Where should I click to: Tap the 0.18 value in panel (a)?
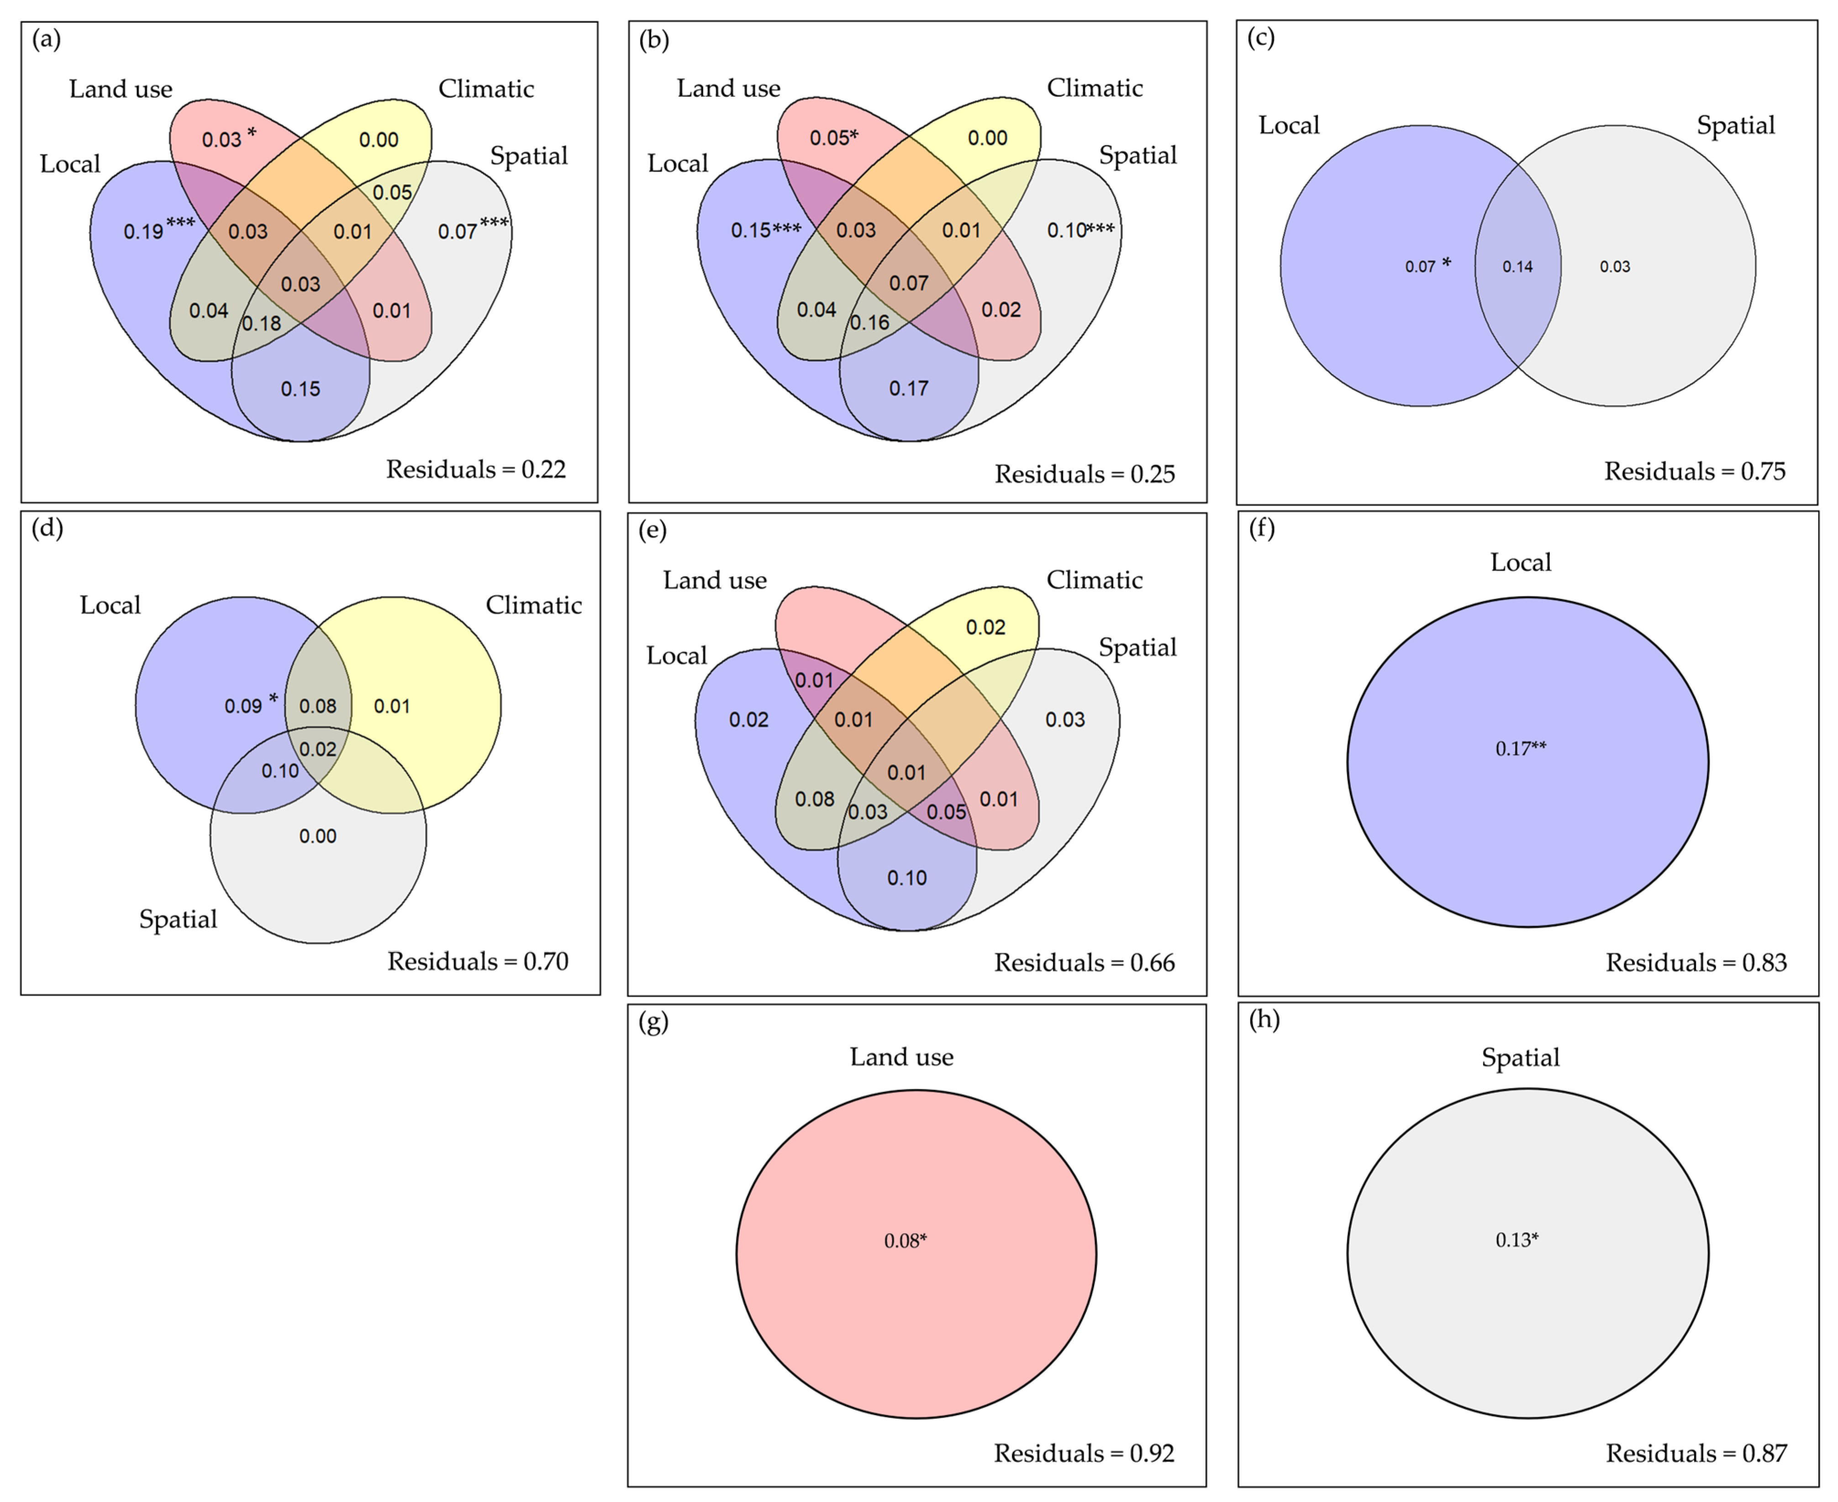tap(261, 324)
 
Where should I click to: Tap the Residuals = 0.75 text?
tap(1694, 472)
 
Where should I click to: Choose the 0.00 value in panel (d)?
tap(317, 836)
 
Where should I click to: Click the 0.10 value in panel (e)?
tap(907, 878)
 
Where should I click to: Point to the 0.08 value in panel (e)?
tap(814, 798)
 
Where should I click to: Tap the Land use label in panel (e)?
tap(715, 581)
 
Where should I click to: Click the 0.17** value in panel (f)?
tap(1521, 748)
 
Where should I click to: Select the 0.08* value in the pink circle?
tap(905, 1241)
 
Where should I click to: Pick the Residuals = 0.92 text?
tap(1084, 1454)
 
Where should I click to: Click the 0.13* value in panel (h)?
tap(1517, 1240)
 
